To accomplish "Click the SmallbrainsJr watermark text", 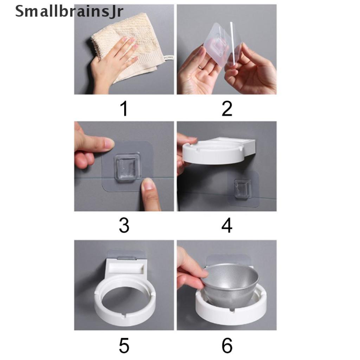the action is point(69,12).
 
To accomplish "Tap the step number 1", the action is point(124,109).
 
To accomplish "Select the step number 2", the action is point(227,109).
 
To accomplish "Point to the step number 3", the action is point(124,225).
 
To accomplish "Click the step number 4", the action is point(227,225).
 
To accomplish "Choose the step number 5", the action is point(124,345).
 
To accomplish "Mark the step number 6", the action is point(227,345).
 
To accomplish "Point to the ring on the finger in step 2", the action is point(200,67).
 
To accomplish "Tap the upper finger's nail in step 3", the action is point(109,144).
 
